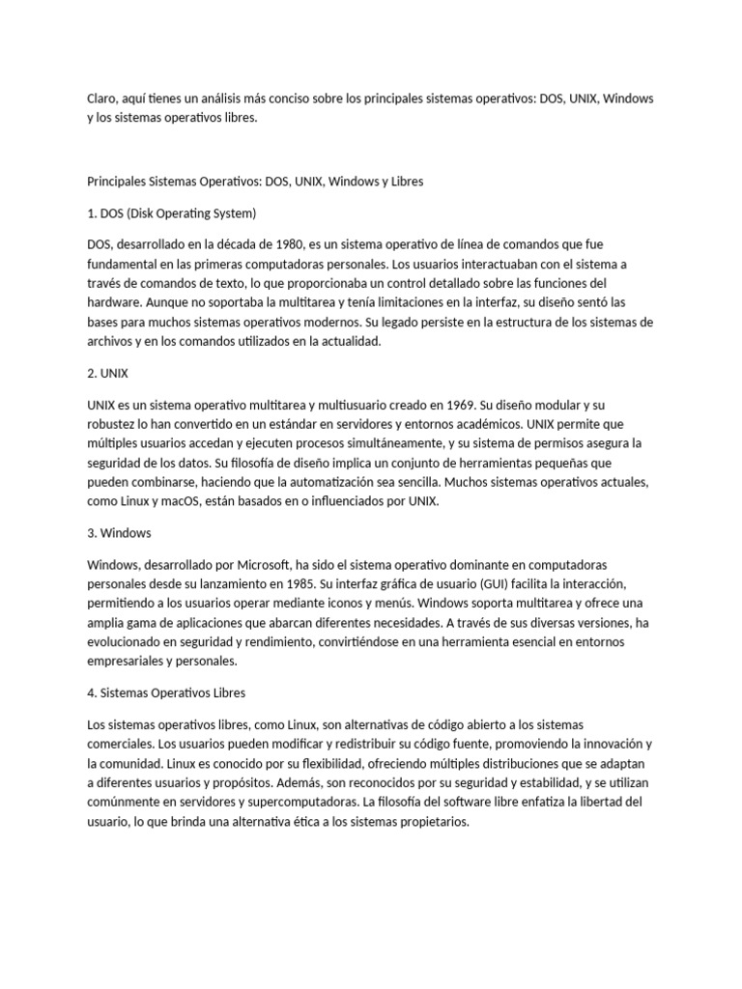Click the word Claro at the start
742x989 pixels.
pyautogui.click(x=102, y=100)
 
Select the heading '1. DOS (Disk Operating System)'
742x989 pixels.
pyautogui.click(x=172, y=212)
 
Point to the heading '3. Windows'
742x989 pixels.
pyautogui.click(x=120, y=533)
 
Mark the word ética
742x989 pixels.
pyautogui.click(x=313, y=823)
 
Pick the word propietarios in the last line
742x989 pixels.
pyautogui.click(x=428, y=823)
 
